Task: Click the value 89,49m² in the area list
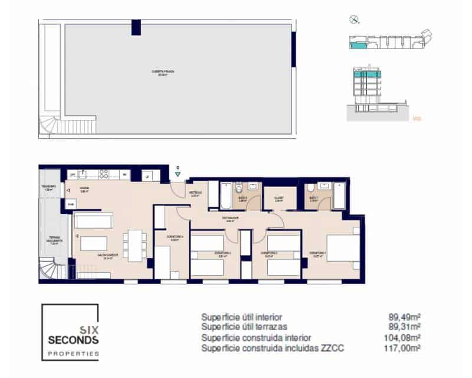pyautogui.click(x=407, y=317)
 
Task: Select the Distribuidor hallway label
pyautogui.click(x=230, y=219)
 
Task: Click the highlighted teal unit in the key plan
pyautogui.click(x=358, y=43)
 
